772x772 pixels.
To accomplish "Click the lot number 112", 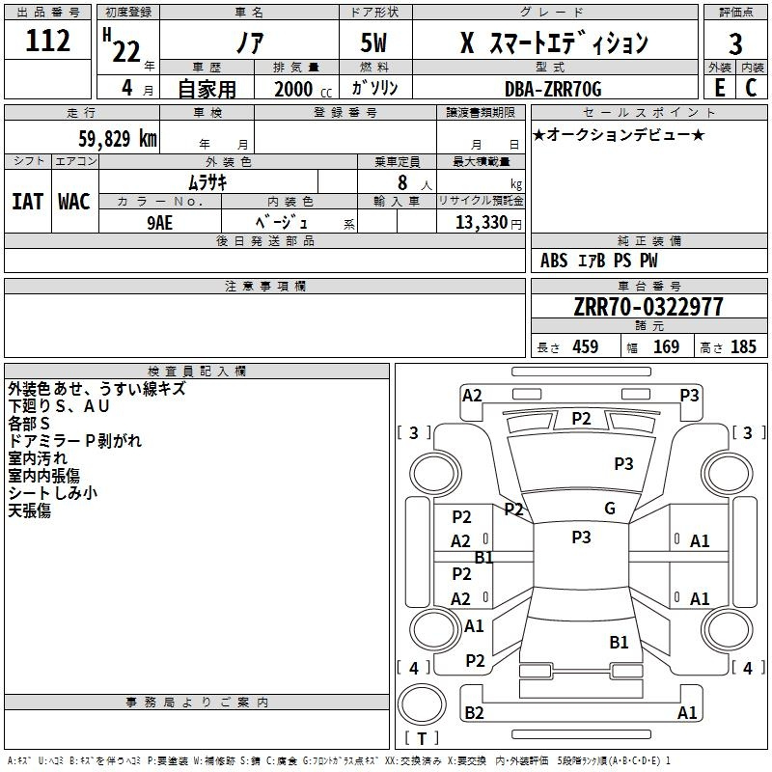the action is [x=47, y=41].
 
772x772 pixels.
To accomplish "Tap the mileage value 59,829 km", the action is [x=118, y=138].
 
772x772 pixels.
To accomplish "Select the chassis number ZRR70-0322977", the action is [x=648, y=307].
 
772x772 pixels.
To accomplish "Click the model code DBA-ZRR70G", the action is [x=553, y=89].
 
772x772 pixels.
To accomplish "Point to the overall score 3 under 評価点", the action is [x=735, y=44].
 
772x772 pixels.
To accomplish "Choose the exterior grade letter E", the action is [x=720, y=88].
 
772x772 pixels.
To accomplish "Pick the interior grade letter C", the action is [x=751, y=88].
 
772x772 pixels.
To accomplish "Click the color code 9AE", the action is [x=160, y=223].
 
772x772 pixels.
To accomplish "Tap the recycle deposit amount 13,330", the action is [x=482, y=222].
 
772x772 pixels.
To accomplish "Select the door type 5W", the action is [x=373, y=42].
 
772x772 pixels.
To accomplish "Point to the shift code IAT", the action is [x=28, y=202].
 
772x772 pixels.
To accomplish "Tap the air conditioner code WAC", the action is [x=74, y=202].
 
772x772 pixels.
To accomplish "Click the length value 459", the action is [x=586, y=346].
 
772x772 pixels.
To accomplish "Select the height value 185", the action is [x=743, y=346].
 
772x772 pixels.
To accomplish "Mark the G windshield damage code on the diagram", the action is [x=610, y=508].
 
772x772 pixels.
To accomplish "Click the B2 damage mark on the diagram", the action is [x=474, y=712].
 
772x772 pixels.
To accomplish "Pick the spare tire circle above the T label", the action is [x=422, y=704].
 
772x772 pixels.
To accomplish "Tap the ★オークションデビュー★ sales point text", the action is [x=619, y=134].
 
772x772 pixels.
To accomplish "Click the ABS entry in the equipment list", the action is [x=554, y=260].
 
